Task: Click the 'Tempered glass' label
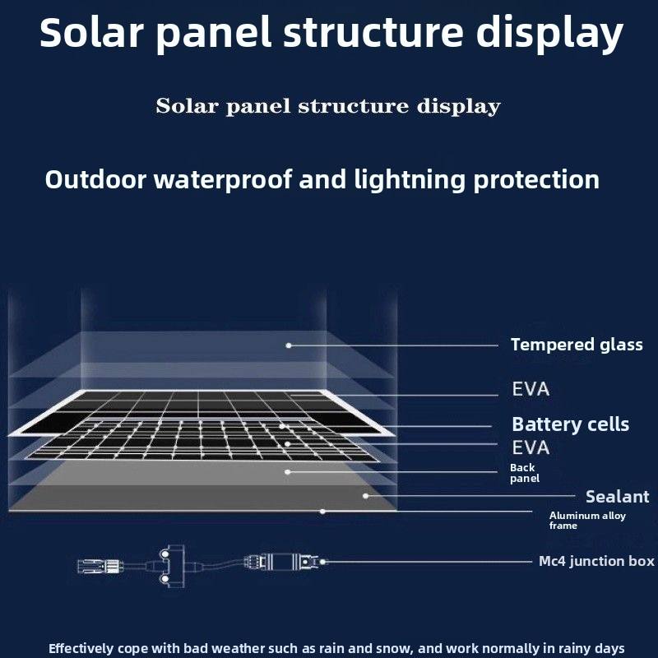pyautogui.click(x=576, y=345)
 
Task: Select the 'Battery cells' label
pyautogui.click(x=570, y=424)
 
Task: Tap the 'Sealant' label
pyautogui.click(x=617, y=496)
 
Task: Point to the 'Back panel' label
pyautogui.click(x=524, y=473)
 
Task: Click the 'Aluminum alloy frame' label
pyautogui.click(x=587, y=520)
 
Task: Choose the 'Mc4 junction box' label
pyautogui.click(x=596, y=561)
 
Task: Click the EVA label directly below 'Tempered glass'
pyautogui.click(x=531, y=389)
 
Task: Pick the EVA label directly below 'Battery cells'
pyautogui.click(x=531, y=448)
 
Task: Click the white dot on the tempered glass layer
pyautogui.click(x=288, y=345)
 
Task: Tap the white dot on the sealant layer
pyautogui.click(x=365, y=496)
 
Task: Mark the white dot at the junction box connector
pyautogui.click(x=323, y=562)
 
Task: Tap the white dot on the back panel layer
pyautogui.click(x=288, y=472)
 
